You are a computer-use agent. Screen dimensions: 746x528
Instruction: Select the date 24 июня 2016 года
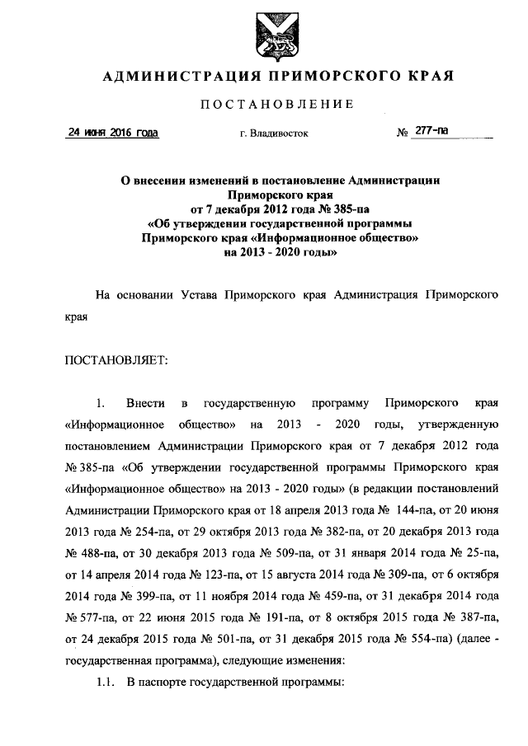pos(112,133)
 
